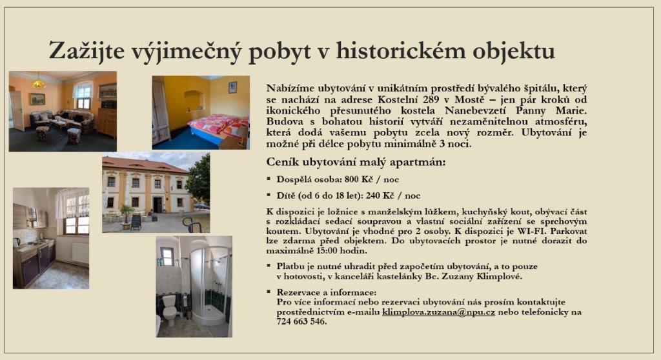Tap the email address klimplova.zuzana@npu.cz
click(438, 312)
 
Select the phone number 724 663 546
click(301, 322)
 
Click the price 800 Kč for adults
click(359, 179)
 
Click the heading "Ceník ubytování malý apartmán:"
click(356, 163)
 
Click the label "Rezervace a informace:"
click(326, 292)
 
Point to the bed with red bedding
click(218, 126)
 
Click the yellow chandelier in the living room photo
click(39, 83)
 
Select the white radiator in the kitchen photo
click(81, 252)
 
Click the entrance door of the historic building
click(158, 205)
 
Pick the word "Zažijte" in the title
click(87, 52)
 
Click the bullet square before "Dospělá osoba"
click(269, 179)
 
